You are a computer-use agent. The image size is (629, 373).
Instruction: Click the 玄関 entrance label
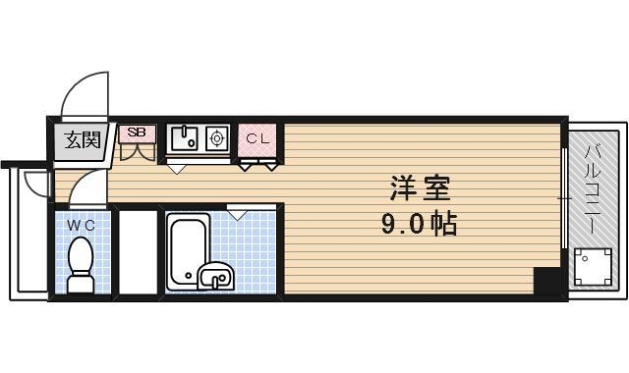pos(82,140)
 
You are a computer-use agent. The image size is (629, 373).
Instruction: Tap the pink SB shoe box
pos(137,133)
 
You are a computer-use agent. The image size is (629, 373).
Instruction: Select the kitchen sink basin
pos(184,138)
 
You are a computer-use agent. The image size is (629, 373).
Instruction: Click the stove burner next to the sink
pos(216,138)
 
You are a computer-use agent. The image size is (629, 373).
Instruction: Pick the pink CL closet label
pos(257,139)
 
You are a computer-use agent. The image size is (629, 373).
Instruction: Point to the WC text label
pos(81,225)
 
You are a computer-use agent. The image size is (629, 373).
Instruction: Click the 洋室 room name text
pos(413,186)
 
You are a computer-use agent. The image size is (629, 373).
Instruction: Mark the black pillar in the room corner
pos(545,280)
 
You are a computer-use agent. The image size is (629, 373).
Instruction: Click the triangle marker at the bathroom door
pos(237,211)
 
